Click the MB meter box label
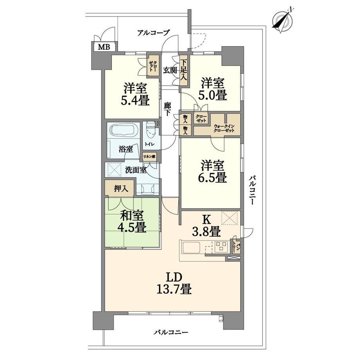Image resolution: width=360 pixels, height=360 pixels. point(104,47)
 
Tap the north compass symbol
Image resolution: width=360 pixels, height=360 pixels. point(283,20)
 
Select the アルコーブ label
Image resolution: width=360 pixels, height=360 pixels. point(153,33)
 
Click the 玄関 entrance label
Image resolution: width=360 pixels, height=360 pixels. point(170,70)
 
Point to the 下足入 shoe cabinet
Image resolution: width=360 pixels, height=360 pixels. point(183,70)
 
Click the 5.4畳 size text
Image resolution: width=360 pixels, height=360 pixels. point(135,100)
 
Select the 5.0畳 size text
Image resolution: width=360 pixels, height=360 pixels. point(212,95)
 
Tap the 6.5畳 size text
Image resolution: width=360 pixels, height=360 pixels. point(212,177)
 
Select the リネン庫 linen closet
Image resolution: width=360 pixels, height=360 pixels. point(149,157)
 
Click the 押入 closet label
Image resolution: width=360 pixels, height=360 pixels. point(121,189)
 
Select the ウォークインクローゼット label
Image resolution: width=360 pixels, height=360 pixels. point(224,128)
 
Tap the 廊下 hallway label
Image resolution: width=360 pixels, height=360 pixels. point(167,109)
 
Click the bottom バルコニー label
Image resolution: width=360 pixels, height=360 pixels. point(171,332)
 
